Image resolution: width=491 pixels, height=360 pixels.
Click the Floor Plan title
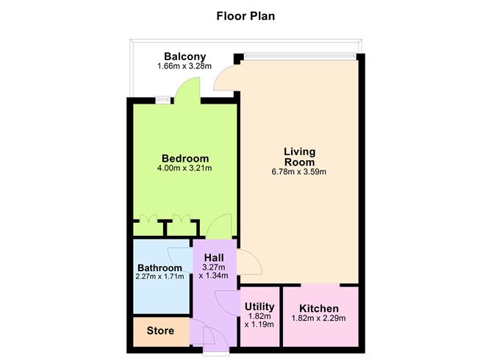[246, 15]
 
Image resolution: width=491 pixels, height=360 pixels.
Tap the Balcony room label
[184, 57]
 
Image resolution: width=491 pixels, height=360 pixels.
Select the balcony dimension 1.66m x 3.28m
[184, 67]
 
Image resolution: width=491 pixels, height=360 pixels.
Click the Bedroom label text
[185, 158]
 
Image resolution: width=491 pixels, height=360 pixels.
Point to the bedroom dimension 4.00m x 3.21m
[185, 168]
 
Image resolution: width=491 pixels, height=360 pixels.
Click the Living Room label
[299, 156]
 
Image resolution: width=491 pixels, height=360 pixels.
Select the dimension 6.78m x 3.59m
[299, 172]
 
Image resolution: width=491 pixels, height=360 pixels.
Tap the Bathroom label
[161, 267]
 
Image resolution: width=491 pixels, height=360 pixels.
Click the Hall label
[214, 257]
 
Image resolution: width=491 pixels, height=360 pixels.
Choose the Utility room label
[259, 306]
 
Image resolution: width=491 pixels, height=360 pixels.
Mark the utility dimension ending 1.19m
[259, 324]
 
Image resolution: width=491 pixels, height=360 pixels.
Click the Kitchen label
[320, 308]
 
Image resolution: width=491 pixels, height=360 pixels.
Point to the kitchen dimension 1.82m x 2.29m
[320, 318]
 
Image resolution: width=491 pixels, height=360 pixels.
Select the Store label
[160, 331]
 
